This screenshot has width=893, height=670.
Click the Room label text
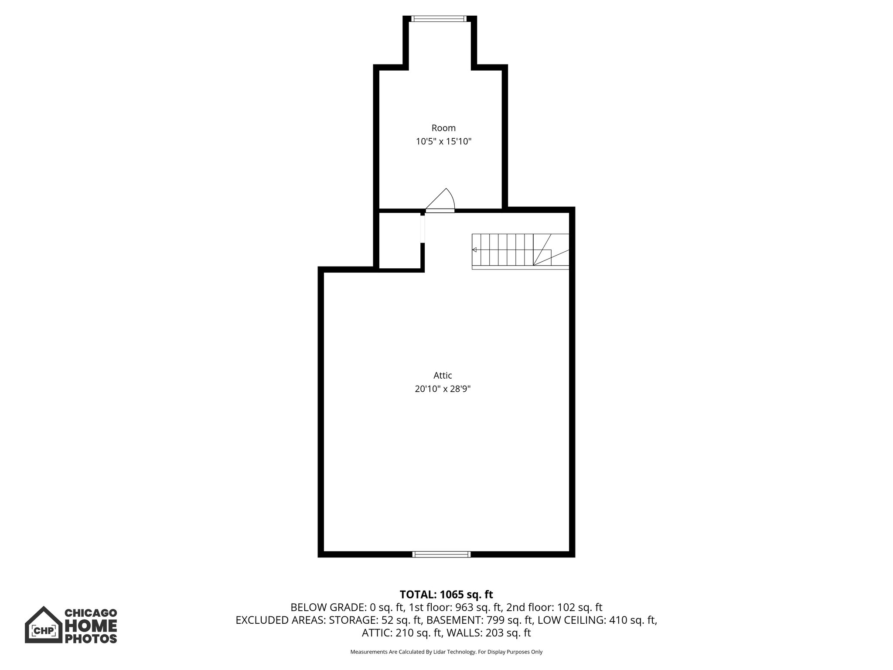point(443,128)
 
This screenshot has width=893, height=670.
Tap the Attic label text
point(443,375)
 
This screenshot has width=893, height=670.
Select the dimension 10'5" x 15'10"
point(443,141)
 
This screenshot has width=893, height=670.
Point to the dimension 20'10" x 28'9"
point(443,389)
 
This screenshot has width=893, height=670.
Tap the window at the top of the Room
point(439,19)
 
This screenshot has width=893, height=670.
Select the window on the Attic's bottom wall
point(441,554)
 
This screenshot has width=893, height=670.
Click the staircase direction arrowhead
point(474,250)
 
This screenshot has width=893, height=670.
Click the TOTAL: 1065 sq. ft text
point(446,594)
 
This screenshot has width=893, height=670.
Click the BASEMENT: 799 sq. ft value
point(480,620)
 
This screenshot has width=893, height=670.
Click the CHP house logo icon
point(43,625)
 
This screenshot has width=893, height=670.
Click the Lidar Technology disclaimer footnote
point(446,652)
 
